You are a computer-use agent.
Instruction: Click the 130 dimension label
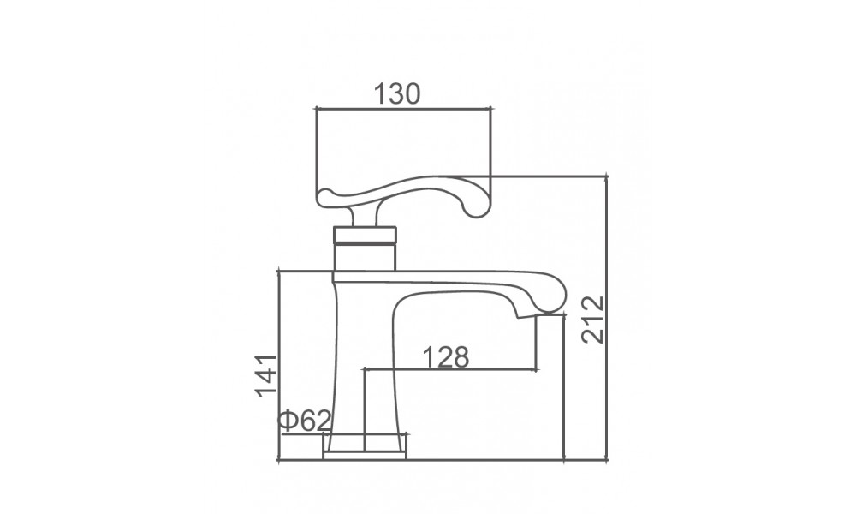[397, 94]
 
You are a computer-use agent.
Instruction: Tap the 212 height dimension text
[593, 320]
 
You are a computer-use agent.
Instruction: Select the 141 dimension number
[266, 376]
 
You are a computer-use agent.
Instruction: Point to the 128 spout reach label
[446, 357]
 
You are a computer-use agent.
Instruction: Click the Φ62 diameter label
[305, 421]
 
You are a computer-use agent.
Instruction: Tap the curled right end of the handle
[476, 205]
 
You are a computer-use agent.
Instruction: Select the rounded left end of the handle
[328, 198]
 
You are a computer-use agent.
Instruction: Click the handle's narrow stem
[364, 217]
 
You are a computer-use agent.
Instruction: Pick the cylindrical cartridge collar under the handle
[365, 248]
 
